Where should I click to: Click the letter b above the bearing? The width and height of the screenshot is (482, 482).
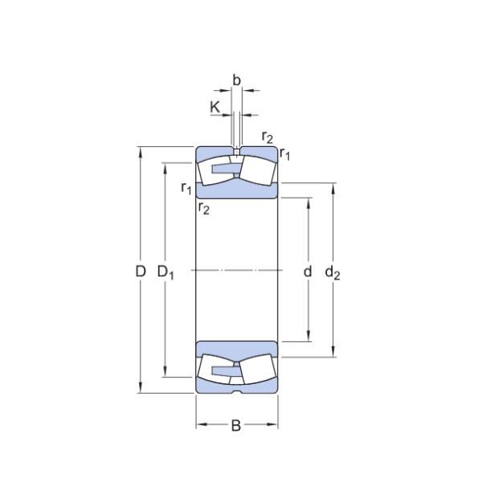pos(236,80)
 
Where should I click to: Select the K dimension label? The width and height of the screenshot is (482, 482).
pos(214,106)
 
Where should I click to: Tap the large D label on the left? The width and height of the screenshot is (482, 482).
pos(140,272)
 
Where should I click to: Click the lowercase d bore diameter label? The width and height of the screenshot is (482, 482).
pos(308,272)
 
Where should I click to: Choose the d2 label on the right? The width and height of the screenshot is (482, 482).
pos(333,272)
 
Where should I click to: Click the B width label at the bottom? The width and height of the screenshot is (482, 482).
pos(236,426)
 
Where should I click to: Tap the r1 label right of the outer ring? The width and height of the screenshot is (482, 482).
pos(284,153)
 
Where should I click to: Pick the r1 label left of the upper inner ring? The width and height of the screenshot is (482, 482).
pos(186,188)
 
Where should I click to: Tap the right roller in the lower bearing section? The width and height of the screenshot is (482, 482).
pos(258,370)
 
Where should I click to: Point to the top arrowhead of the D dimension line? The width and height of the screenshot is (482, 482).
pos(141,151)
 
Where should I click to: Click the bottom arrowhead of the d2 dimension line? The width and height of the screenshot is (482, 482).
pos(333,351)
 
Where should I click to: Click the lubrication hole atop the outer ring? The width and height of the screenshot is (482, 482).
pos(237,150)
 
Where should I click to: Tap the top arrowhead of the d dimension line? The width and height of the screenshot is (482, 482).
pos(308,198)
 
